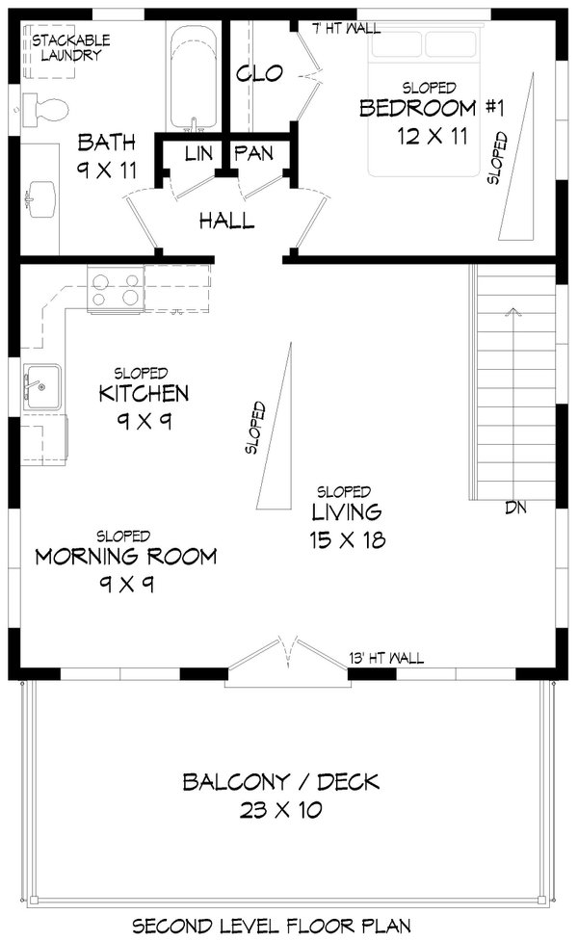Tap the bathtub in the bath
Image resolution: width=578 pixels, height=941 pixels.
(194, 79)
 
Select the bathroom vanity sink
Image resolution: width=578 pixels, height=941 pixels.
(40, 199)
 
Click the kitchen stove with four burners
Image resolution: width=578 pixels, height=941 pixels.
(116, 289)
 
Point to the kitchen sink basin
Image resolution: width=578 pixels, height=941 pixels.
(42, 387)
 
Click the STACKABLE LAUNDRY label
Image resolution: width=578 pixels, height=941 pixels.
(71, 48)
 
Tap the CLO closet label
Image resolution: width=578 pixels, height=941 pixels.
(259, 74)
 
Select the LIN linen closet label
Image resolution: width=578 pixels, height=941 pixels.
(198, 154)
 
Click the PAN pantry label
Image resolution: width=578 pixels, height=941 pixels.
(253, 154)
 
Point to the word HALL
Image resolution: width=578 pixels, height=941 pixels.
(227, 221)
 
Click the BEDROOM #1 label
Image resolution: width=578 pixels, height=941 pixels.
(432, 108)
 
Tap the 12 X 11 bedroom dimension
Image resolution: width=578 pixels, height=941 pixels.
(433, 136)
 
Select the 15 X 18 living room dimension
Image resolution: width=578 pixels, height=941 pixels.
(348, 539)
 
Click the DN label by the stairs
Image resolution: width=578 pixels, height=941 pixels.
(515, 508)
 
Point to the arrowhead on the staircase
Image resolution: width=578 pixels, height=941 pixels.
(512, 310)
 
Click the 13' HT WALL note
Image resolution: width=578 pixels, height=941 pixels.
(386, 659)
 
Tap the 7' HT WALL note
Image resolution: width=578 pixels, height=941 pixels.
(348, 28)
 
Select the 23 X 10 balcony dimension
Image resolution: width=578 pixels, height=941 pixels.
(281, 810)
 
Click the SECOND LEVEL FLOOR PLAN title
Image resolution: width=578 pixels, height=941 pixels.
(272, 926)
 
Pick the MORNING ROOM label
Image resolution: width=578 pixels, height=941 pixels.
(126, 557)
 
